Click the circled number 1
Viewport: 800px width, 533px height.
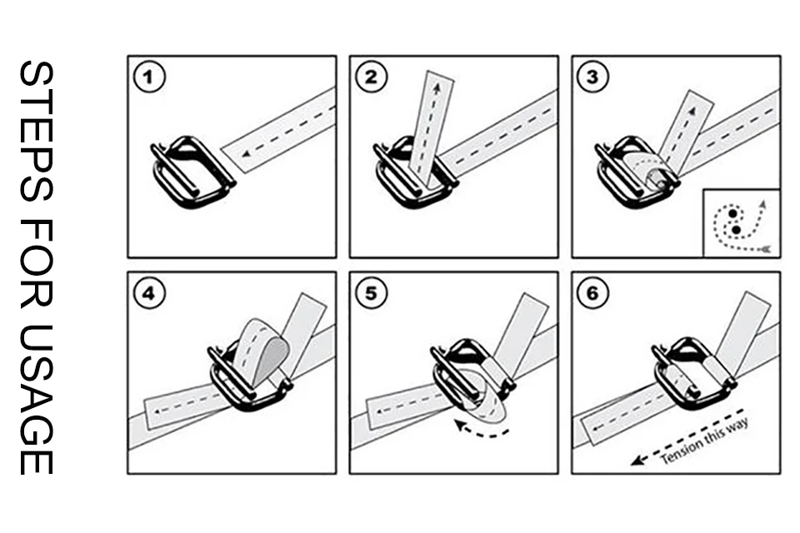coord(150,77)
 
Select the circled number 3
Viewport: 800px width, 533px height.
coord(593,77)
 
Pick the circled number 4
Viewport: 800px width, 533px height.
coord(150,293)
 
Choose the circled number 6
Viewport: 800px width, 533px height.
coord(593,293)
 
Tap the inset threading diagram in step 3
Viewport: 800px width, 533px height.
coord(741,223)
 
